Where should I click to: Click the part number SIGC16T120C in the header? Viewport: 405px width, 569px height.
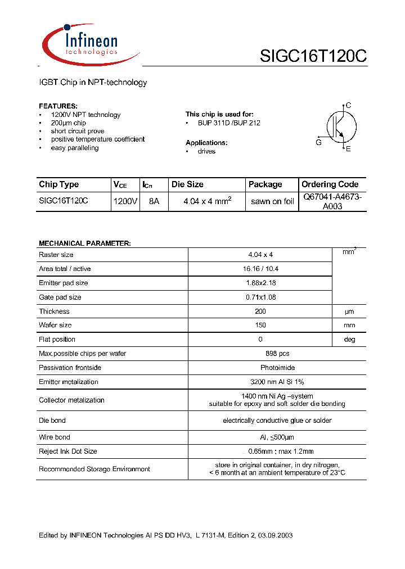313,56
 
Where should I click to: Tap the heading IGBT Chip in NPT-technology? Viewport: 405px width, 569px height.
93,83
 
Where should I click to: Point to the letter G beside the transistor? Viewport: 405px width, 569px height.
319,143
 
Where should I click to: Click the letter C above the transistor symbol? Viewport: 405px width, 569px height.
349,105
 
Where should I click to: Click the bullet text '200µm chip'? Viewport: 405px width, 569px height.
68,123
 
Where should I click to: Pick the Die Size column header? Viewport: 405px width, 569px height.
187,184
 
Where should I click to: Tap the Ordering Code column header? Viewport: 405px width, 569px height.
330,184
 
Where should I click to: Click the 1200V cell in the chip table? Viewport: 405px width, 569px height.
125,201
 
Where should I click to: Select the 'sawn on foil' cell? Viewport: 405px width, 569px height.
272,201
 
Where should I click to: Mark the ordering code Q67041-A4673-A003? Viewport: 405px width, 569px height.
332,201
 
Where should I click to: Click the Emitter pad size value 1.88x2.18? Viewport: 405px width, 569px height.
260,283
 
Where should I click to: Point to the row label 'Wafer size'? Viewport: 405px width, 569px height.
55,326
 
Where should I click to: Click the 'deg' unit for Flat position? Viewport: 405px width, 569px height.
349,340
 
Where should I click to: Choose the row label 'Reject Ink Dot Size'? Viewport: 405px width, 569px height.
67,451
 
